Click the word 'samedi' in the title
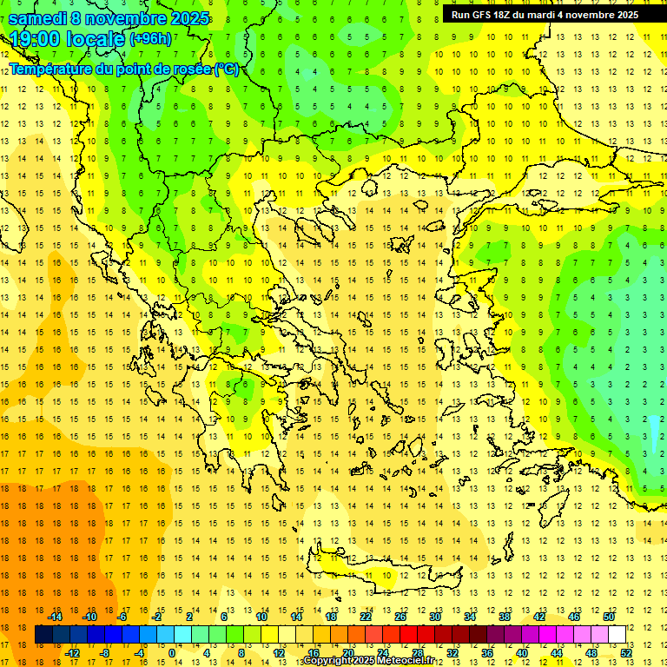[x=37, y=18]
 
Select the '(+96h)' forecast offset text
[x=149, y=40]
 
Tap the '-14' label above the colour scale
[x=55, y=617]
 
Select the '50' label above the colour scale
[x=608, y=617]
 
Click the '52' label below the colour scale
[x=624, y=652]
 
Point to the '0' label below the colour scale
[x=172, y=652]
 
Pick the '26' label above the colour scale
[x=400, y=617]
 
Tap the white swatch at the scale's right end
[x=617, y=635]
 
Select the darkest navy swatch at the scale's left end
[x=43, y=635]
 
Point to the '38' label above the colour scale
[x=505, y=617]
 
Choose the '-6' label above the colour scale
[x=122, y=617]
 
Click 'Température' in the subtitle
[x=51, y=69]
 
